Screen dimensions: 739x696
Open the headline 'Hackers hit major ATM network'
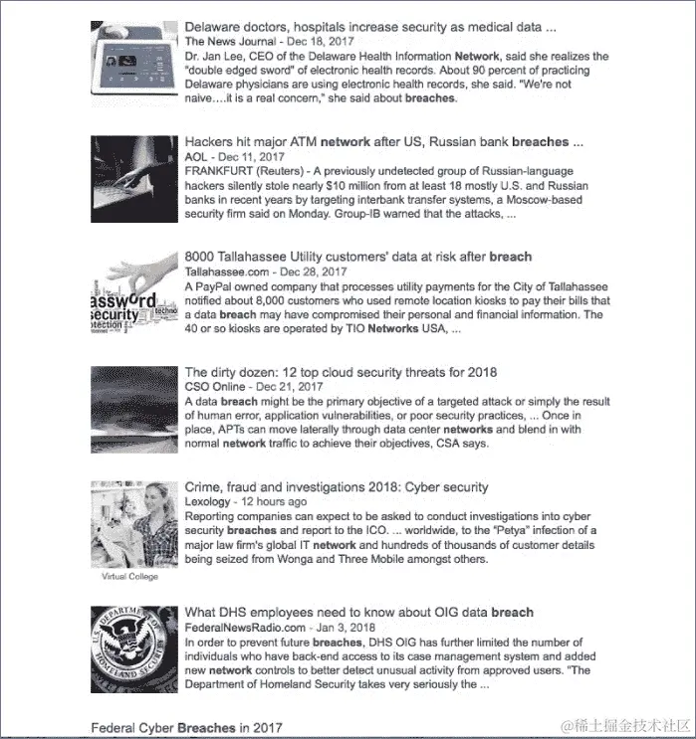383,142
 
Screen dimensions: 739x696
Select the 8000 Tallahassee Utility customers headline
357,257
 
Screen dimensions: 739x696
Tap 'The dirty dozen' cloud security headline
340,372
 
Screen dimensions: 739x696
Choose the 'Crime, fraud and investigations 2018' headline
337,487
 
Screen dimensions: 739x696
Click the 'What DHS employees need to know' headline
358,613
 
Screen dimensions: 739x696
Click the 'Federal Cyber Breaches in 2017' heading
187,727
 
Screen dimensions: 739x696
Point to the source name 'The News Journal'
226,42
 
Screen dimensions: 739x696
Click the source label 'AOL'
197,157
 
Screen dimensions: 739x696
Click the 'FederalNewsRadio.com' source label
245,628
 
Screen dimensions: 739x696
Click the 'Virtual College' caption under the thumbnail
129,576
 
